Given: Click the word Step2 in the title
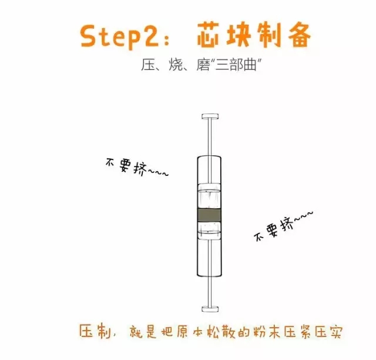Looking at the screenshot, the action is (x=119, y=37).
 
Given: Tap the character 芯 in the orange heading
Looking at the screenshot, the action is (x=208, y=34).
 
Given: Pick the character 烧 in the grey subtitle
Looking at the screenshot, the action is (x=176, y=65).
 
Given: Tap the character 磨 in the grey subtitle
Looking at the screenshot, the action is (x=204, y=65).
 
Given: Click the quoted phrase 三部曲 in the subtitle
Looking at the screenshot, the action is (x=236, y=65).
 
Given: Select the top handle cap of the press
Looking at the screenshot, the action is (x=210, y=116).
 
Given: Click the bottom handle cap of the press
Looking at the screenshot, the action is (x=210, y=309).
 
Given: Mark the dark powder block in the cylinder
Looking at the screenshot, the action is (x=209, y=215).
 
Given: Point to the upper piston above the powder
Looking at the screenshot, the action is (x=209, y=196).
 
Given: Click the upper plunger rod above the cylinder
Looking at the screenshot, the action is (x=210, y=138).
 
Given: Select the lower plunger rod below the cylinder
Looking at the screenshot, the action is (x=210, y=291).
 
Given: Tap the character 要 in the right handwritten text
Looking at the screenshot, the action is (x=272, y=229).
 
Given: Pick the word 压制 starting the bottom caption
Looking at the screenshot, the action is (x=95, y=331).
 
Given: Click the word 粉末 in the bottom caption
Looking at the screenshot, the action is (x=266, y=331).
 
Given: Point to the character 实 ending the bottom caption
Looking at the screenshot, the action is (x=335, y=332).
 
